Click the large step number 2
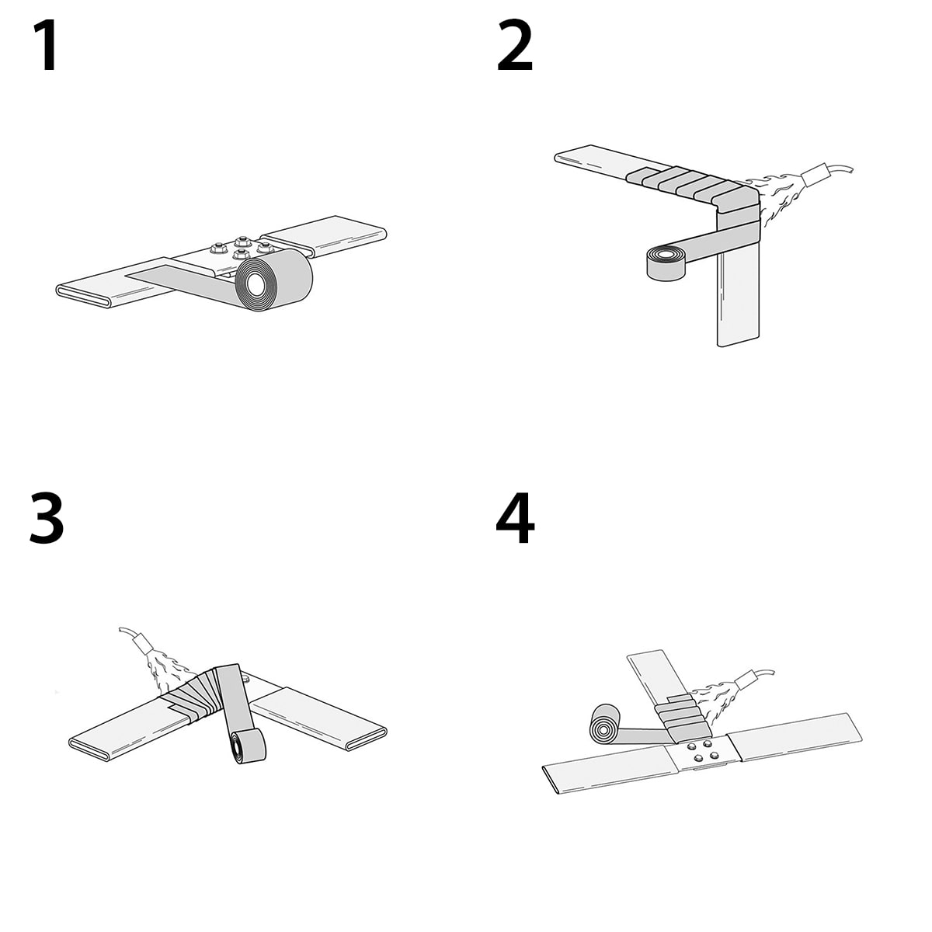tap(515, 46)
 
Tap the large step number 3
tap(47, 517)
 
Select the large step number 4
tap(516, 518)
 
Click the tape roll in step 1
tap(273, 280)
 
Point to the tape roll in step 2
tap(666, 263)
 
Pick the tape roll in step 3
tap(248, 746)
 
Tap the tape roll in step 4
tap(604, 724)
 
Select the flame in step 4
tap(715, 701)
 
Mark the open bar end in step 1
tap(83, 295)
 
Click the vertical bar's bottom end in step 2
tap(738, 340)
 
